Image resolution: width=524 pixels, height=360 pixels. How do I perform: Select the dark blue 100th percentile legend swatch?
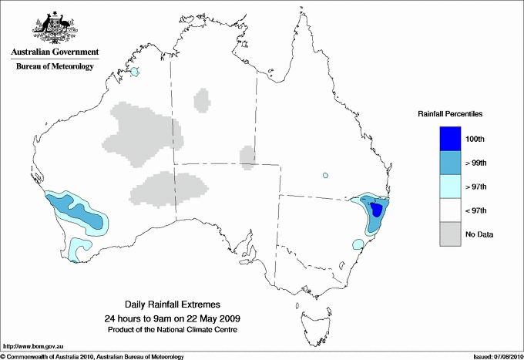[450, 138]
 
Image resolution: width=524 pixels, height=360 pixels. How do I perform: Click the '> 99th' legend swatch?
[450, 162]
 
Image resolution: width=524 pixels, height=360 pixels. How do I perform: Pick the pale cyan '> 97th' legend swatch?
[450, 186]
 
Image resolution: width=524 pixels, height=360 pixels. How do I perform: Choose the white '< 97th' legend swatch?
[450, 210]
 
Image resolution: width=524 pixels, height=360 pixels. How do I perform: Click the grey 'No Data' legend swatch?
[450, 234]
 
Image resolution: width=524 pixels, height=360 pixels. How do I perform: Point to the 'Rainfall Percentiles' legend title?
[450, 114]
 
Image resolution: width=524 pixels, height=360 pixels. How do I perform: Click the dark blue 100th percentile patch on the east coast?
[377, 210]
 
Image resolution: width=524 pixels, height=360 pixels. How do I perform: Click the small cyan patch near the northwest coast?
[135, 72]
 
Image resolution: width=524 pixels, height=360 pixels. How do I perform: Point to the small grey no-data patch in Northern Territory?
[203, 99]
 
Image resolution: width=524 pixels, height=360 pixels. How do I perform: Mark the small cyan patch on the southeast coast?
[358, 245]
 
